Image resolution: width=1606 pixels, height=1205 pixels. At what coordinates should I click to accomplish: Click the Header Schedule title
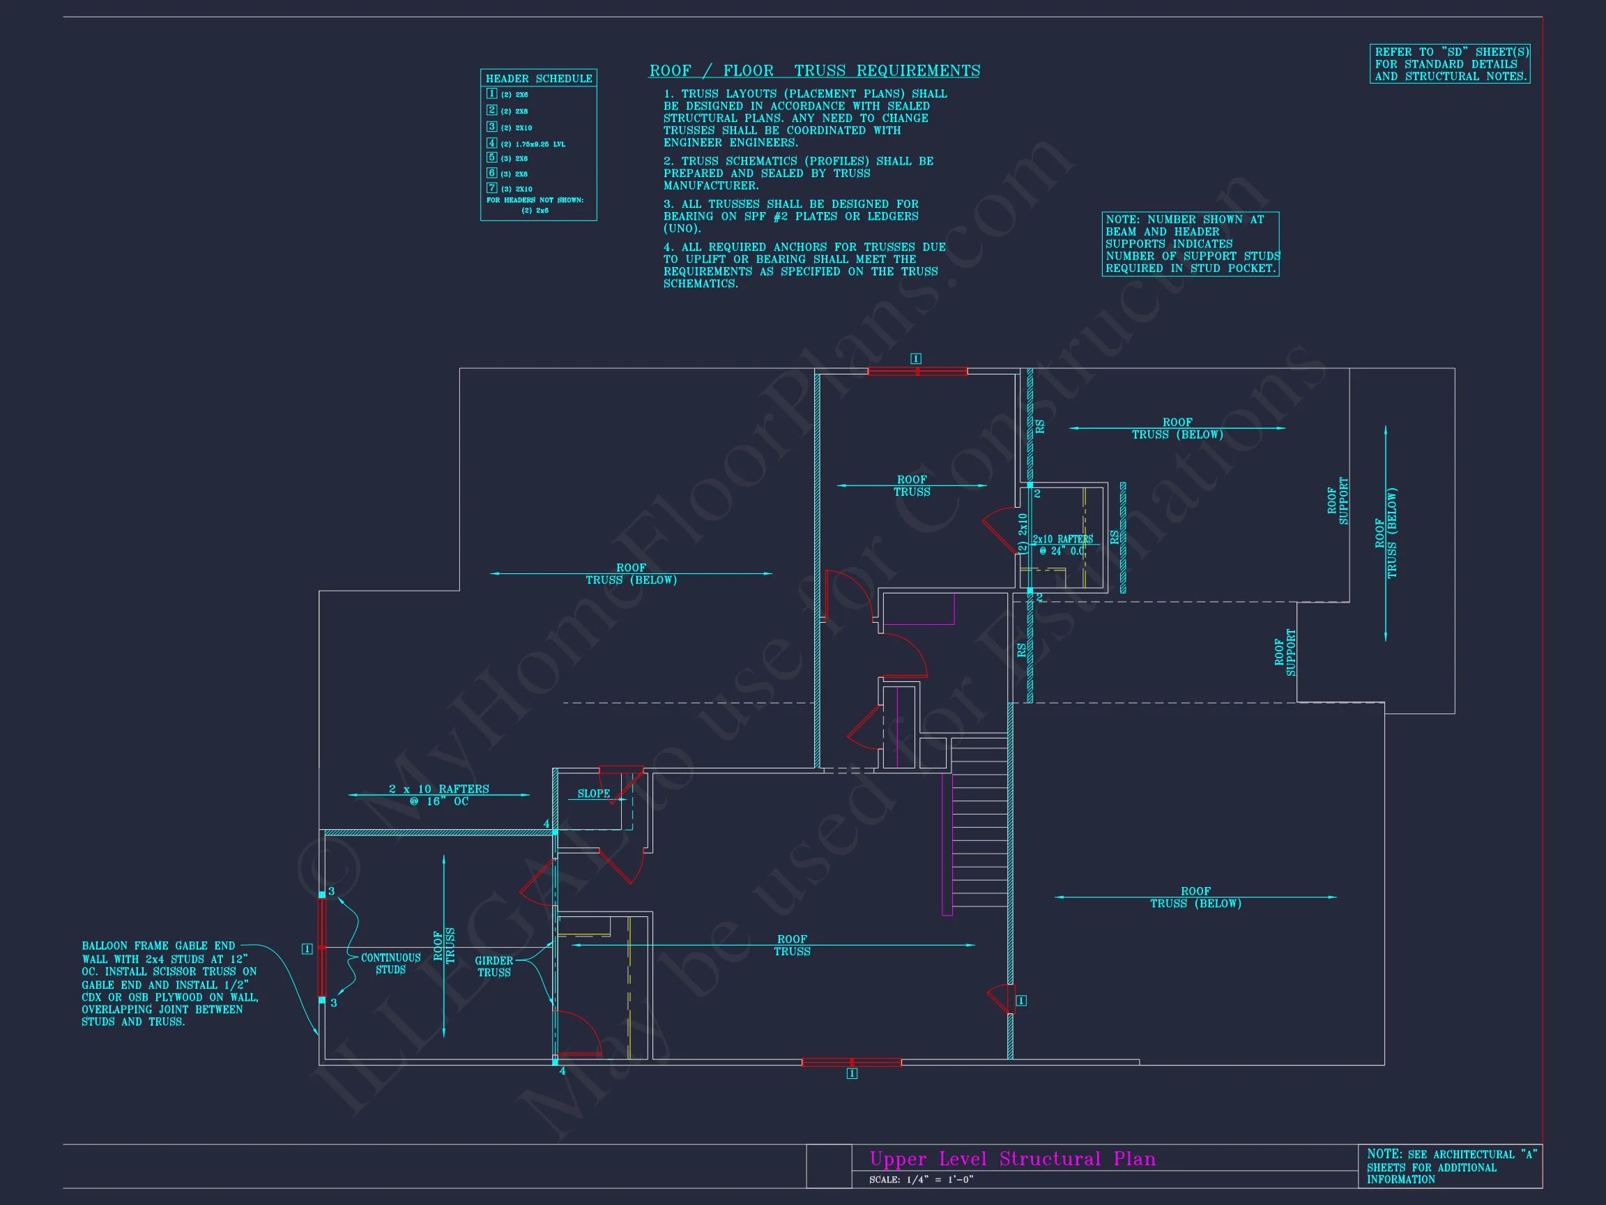click(x=538, y=78)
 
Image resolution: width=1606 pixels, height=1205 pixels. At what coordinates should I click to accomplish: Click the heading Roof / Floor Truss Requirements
click(x=814, y=70)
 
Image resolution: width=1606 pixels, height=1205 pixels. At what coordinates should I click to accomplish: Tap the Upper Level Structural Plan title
click(x=1012, y=1158)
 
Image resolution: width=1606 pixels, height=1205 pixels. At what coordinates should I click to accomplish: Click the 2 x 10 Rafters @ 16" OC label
click(x=438, y=795)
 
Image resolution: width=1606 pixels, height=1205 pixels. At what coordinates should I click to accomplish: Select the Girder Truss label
click(x=494, y=966)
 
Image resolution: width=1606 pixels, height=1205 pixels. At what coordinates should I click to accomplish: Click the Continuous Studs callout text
click(x=390, y=963)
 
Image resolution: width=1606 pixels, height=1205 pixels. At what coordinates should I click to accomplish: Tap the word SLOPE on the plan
click(x=593, y=793)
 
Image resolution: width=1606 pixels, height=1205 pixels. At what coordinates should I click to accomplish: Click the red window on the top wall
click(x=917, y=371)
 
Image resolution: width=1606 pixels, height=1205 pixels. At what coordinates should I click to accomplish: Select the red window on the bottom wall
click(x=851, y=1062)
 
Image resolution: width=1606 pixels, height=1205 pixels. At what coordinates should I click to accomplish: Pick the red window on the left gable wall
click(x=321, y=947)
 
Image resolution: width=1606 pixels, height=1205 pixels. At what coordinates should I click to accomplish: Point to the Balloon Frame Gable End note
click(x=169, y=983)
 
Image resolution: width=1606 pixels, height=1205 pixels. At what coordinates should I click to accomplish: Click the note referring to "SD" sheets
click(x=1450, y=64)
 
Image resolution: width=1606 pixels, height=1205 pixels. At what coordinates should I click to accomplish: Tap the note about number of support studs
click(x=1191, y=244)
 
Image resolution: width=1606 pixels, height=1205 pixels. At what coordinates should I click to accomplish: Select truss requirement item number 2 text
click(x=798, y=173)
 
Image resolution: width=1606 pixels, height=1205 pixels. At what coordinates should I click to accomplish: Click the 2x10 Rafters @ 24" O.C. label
click(x=1062, y=545)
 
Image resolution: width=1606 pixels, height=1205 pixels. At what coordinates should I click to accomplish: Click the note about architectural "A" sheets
click(x=1449, y=1167)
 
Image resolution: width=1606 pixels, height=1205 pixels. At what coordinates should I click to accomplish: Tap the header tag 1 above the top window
click(x=915, y=359)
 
